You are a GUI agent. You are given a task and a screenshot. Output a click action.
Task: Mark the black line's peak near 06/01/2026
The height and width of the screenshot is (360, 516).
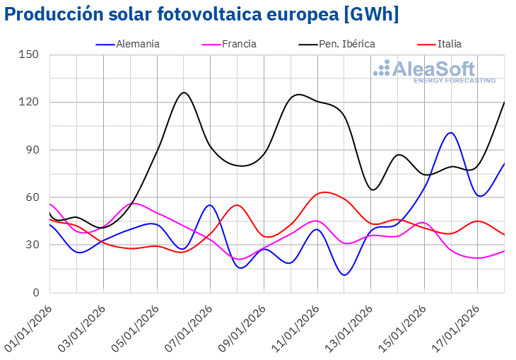pos(184,93)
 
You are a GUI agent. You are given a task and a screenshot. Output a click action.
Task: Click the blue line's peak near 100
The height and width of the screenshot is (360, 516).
pos(450,132)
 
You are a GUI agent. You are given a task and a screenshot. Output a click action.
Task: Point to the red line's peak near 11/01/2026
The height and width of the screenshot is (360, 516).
pos(324,192)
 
